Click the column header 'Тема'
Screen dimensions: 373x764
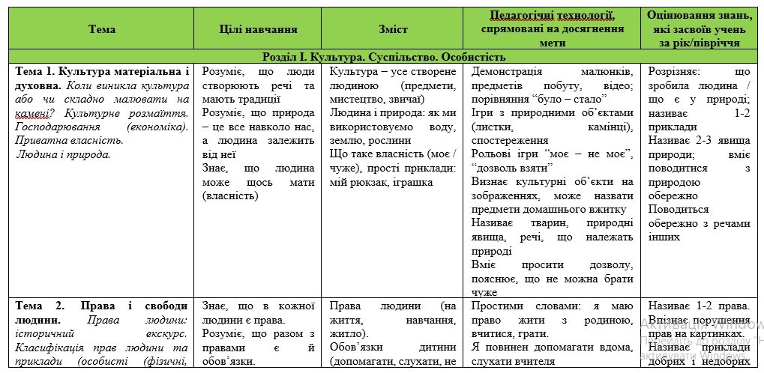(x=102, y=29)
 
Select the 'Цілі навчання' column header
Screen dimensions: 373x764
(x=258, y=29)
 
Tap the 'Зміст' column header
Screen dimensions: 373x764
(x=394, y=29)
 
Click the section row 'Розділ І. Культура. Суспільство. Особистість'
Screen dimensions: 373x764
(x=384, y=57)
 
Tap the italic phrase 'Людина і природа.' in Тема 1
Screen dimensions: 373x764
(x=64, y=154)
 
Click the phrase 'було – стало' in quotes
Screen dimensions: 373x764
(x=575, y=99)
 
